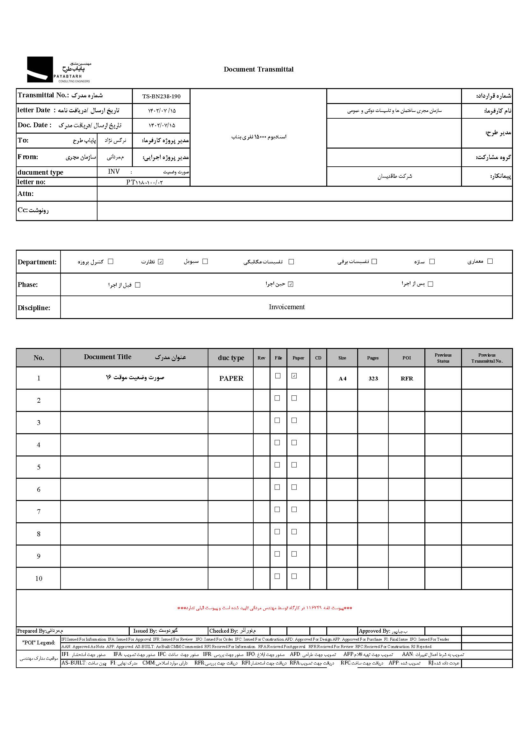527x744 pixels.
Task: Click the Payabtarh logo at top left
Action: pos(58,70)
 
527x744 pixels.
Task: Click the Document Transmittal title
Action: pos(258,69)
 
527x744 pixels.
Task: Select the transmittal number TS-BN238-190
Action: pos(161,96)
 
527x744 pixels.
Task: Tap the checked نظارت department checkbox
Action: pos(161,262)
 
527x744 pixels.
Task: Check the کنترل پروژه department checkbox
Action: pos(111,261)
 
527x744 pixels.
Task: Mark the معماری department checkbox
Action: pos(490,261)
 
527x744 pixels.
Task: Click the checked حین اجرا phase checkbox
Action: pos(291,284)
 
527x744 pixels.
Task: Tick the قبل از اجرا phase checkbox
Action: pos(138,285)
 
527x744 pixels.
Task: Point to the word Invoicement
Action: pos(286,307)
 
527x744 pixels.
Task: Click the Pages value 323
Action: pos(373,379)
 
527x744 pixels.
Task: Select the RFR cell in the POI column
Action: pos(407,379)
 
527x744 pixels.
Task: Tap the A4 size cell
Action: pos(342,379)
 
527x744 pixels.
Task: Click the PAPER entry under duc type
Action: pos(231,379)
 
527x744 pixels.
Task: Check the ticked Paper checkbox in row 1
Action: pos(294,376)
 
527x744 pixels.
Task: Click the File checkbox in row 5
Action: pos(278,465)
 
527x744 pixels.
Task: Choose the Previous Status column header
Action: pos(443,358)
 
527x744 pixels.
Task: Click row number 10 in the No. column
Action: pos(39,578)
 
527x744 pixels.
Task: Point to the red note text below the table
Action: pos(264,608)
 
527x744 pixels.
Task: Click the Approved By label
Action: pos(374,631)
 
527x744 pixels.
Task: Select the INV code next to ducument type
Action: pos(114,171)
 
